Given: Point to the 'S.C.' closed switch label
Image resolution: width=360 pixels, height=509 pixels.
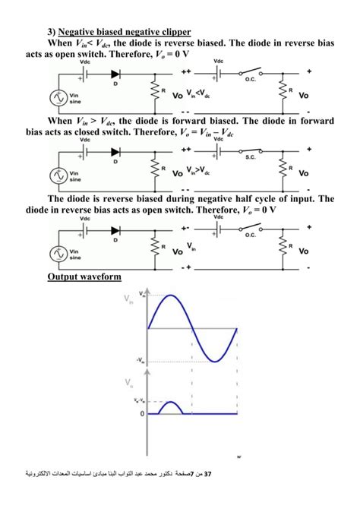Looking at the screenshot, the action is click(250, 157).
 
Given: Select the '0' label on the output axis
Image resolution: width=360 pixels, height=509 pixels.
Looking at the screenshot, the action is click(141, 414).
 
